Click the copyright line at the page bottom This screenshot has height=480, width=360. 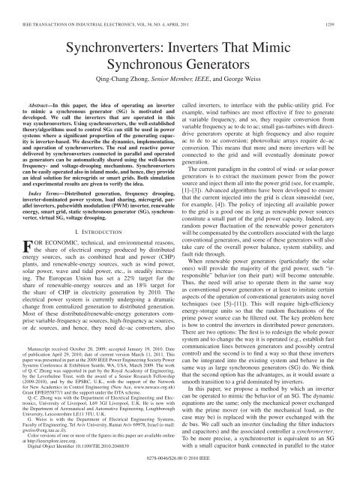180,473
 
